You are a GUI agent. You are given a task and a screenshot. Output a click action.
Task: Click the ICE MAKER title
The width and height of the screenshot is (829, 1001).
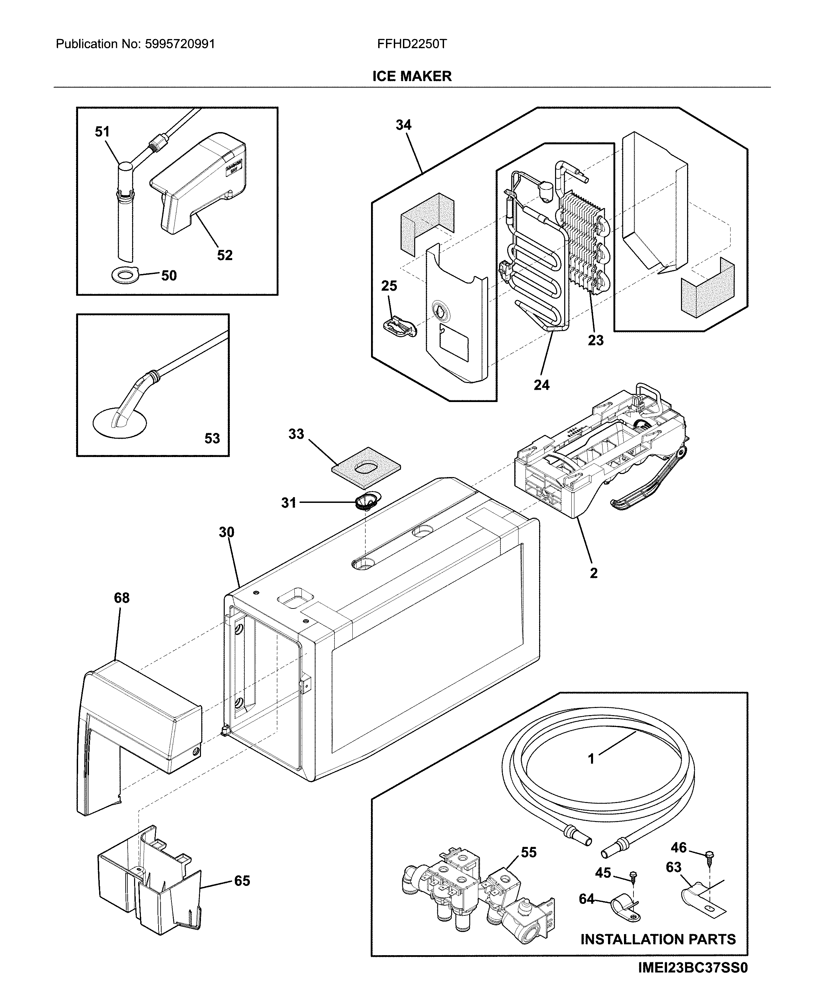coord(412,76)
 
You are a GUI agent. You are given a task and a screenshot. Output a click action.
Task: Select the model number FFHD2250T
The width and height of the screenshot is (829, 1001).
coord(412,44)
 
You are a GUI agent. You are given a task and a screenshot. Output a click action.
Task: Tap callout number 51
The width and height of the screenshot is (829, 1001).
coord(103,131)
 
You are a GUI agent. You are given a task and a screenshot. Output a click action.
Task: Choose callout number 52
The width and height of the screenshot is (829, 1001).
coord(224,255)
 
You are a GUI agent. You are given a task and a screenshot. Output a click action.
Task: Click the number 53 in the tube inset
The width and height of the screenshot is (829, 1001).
coord(212,438)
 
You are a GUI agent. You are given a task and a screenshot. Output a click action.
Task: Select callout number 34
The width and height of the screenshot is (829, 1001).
coord(403,125)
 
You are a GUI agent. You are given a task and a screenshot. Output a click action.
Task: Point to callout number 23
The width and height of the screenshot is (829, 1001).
coord(595,340)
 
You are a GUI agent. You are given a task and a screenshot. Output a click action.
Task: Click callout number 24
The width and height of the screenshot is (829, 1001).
coord(541,385)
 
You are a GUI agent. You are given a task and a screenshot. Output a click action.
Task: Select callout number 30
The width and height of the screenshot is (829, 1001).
coord(226,532)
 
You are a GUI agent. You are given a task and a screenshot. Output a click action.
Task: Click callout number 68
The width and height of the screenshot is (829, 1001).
coord(122,598)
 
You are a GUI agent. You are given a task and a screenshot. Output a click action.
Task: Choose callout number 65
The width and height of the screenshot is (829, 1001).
coord(242,881)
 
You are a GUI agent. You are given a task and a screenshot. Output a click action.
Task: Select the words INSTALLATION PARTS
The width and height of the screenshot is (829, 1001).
coord(658,940)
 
